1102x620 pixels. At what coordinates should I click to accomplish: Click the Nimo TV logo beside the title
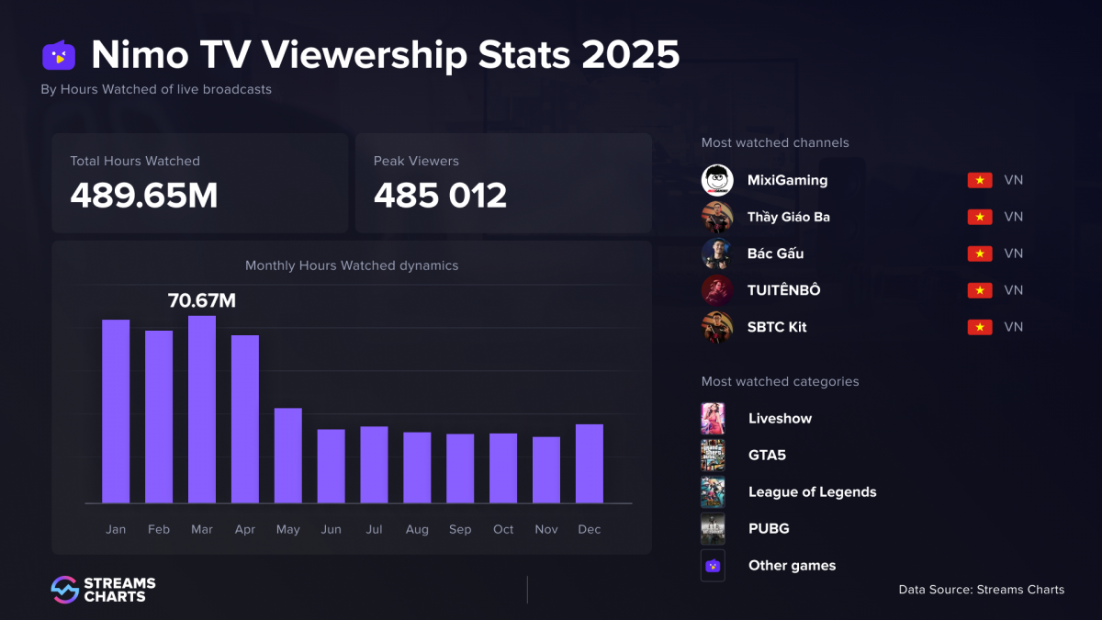click(59, 56)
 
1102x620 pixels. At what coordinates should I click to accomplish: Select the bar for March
click(202, 410)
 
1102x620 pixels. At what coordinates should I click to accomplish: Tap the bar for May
click(288, 456)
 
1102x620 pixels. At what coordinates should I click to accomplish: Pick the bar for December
click(590, 464)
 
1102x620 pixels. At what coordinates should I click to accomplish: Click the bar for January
click(116, 411)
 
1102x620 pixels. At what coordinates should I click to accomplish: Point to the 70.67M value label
click(202, 299)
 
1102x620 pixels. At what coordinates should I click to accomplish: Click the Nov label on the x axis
click(546, 530)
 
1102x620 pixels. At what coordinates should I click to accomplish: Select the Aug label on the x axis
click(417, 530)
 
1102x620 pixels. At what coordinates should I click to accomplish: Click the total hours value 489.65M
click(144, 195)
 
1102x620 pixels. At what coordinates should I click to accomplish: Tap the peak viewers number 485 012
click(440, 195)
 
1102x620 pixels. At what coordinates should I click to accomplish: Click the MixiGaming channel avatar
click(717, 180)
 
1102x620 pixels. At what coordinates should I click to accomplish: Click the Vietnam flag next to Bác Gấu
click(980, 254)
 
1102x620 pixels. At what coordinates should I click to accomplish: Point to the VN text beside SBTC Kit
click(1013, 327)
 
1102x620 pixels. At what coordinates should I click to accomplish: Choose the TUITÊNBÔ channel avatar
click(717, 290)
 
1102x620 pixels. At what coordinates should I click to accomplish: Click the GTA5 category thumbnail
click(713, 456)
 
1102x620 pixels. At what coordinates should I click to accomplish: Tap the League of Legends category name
click(812, 492)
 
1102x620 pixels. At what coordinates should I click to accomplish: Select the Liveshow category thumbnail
click(713, 419)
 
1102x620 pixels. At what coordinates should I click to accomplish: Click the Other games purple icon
click(713, 566)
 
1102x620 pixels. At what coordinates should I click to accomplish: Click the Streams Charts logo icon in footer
click(64, 590)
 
